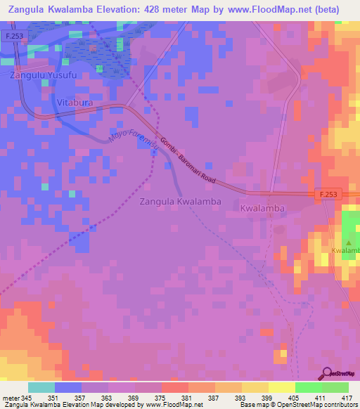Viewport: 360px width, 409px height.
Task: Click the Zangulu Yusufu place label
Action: pos(39,74)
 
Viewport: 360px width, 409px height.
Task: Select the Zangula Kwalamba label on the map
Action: pos(181,201)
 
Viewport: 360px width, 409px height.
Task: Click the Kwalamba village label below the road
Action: pos(262,209)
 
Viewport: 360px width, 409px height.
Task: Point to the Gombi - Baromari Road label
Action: pos(187,161)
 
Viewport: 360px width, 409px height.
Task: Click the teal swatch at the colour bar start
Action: pos(41,388)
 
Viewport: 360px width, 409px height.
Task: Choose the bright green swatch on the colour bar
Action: pos(308,388)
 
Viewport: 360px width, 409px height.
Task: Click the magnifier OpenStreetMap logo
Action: pos(326,374)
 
